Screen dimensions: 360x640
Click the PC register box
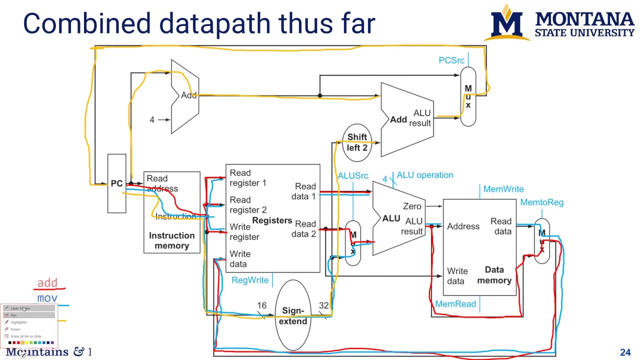click(117, 183)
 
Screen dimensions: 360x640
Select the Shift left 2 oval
click(357, 142)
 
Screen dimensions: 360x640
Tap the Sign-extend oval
click(292, 316)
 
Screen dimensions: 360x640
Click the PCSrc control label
click(451, 60)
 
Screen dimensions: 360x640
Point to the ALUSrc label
click(352, 175)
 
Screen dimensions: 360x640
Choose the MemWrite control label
click(503, 189)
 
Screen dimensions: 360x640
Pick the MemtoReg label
click(541, 202)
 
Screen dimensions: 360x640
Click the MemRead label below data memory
click(455, 304)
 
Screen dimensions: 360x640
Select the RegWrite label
click(249, 280)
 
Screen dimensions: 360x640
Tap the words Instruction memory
click(171, 240)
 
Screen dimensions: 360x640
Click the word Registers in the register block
click(272, 220)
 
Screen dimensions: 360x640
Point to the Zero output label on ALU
click(412, 206)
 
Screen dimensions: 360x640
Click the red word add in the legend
click(47, 283)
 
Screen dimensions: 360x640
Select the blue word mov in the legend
click(47, 298)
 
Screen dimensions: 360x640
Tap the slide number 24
click(625, 352)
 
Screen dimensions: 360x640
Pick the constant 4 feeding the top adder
click(152, 120)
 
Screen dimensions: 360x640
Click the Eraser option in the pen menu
click(15, 329)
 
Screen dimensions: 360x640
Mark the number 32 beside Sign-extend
click(323, 305)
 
